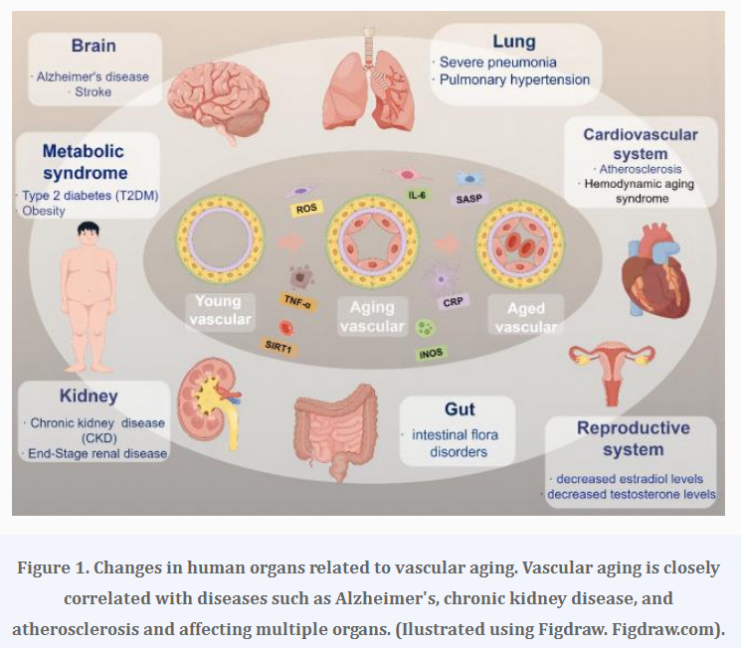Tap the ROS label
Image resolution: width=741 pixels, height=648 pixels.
(x=306, y=209)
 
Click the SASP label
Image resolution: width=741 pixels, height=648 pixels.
(x=468, y=200)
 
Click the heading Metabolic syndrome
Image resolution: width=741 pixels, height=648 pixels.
(x=84, y=162)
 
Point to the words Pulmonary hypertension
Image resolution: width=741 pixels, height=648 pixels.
(x=516, y=80)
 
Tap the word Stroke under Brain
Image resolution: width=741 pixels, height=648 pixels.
(x=93, y=92)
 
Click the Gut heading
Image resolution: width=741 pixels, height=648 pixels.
(x=460, y=408)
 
